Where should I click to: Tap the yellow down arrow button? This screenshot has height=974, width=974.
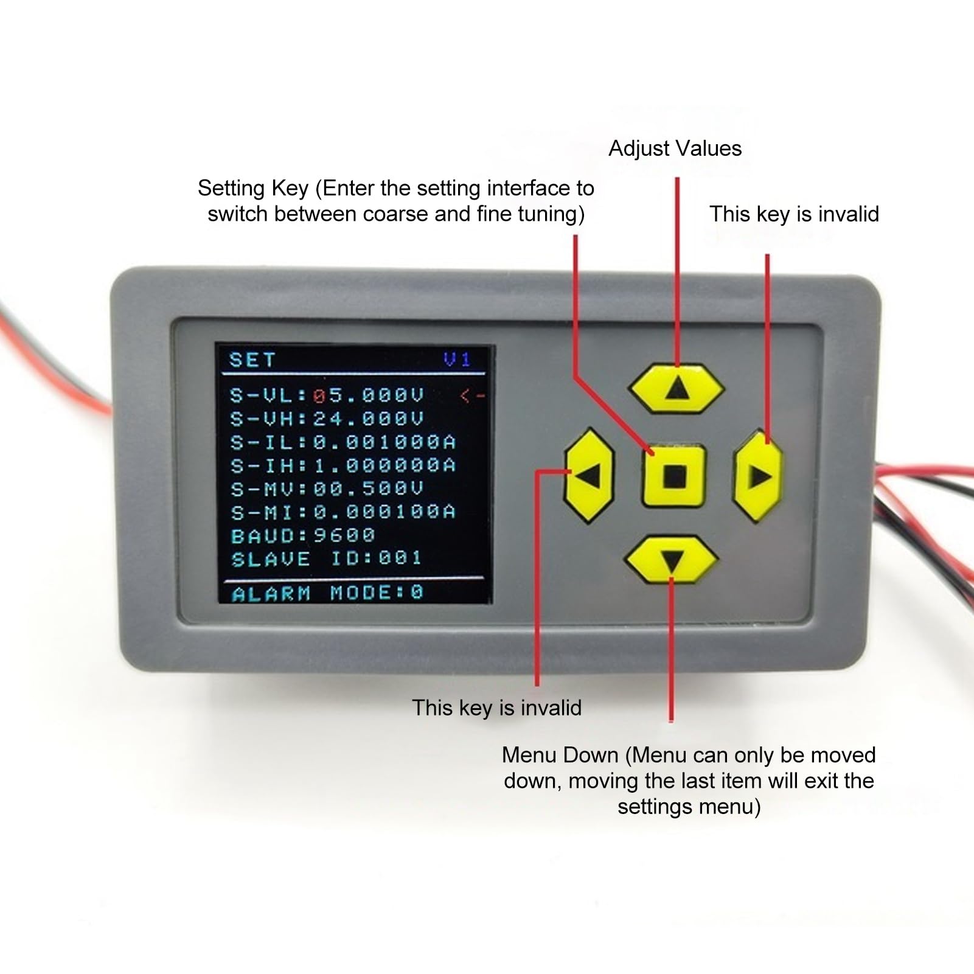pos(671,558)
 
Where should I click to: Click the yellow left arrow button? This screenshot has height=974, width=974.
pos(588,475)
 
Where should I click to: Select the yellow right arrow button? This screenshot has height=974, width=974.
pos(758,476)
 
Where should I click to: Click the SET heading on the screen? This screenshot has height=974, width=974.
pos(252,360)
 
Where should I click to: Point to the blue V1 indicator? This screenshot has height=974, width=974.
pos(457,360)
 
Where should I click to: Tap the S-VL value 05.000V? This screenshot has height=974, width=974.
pos(368,396)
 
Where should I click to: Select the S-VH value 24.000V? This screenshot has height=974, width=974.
pos(368,419)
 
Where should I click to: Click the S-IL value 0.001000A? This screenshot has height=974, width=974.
pos(384,442)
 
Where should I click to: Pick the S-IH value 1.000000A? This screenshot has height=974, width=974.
pos(384,465)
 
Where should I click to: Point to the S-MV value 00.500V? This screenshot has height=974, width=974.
pos(368,489)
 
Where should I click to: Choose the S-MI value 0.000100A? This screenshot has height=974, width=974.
pos(384,512)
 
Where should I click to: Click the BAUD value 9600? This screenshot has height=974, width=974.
pos(344,535)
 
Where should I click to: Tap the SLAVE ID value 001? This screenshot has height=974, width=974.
pos(400,558)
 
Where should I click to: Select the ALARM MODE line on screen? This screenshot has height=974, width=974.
pos(327,593)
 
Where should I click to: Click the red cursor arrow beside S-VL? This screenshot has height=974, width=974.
pos(472,396)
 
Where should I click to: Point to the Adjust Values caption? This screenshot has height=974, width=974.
pos(675,148)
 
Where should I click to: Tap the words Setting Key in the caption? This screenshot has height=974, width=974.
pos(252,188)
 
